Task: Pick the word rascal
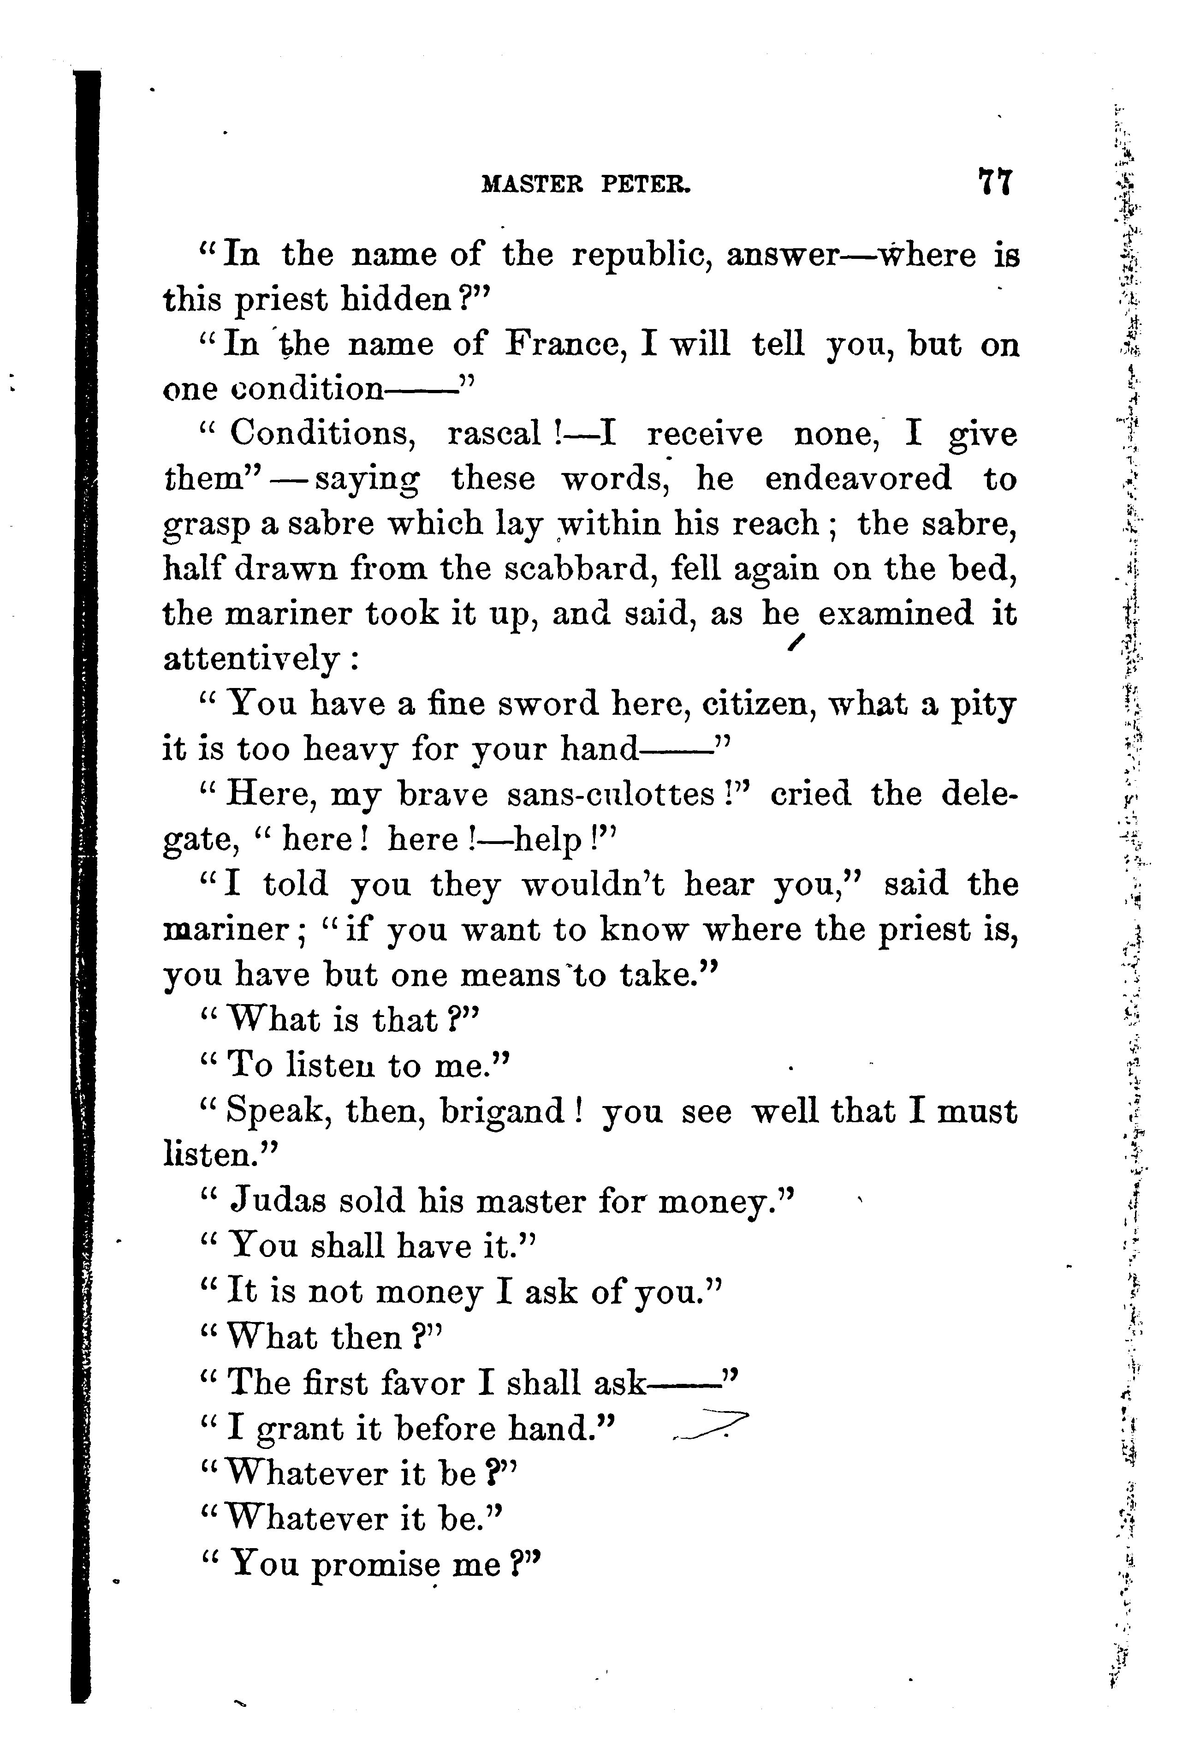point(493,435)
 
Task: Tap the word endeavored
point(858,479)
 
